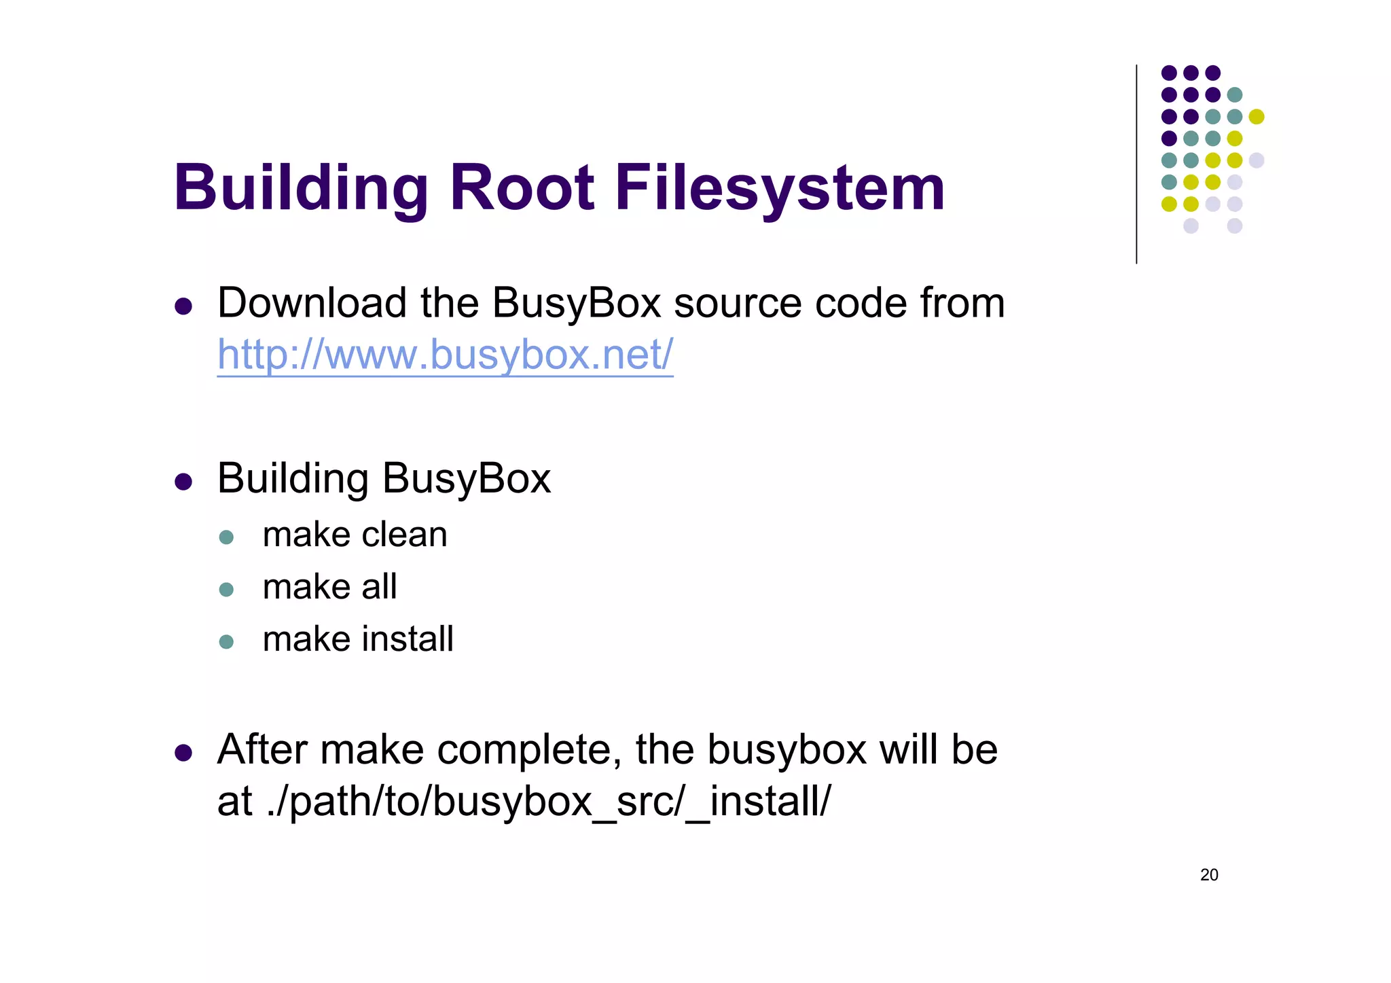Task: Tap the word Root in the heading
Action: point(522,188)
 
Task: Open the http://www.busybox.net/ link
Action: point(445,355)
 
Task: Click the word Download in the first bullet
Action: point(312,303)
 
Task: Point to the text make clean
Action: point(355,535)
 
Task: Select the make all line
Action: point(329,587)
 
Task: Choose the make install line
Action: point(358,639)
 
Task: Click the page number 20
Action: point(1209,875)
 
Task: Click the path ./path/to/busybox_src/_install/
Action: point(549,802)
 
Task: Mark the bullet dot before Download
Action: point(183,306)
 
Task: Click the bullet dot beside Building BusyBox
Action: point(183,482)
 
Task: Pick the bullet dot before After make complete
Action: point(183,753)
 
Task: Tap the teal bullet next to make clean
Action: point(227,537)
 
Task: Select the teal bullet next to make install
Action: point(227,642)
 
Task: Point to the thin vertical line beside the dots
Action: point(1136,163)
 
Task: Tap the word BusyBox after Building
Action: point(467,480)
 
